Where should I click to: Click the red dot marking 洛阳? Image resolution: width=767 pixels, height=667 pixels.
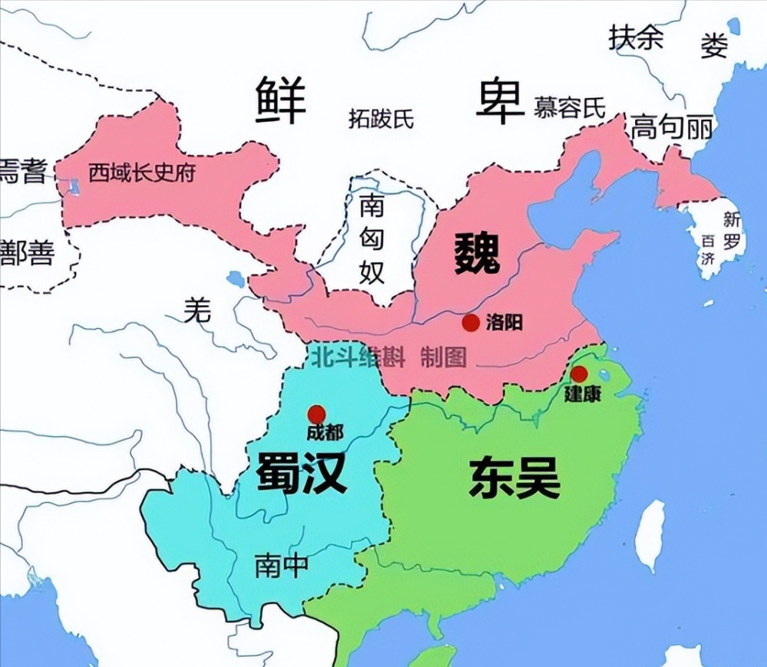[x=471, y=323]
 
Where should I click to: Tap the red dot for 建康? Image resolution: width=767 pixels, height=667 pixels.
[x=579, y=374]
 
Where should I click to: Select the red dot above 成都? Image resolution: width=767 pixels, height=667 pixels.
[x=316, y=414]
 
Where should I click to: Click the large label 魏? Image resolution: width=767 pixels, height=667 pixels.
[x=477, y=254]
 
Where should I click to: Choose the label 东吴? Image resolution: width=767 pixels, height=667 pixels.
[x=515, y=478]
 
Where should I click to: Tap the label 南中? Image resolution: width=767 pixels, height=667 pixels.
[x=281, y=566]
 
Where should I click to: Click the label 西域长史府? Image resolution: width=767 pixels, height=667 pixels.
[x=142, y=172]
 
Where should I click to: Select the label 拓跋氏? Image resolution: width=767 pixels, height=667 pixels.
[x=381, y=118]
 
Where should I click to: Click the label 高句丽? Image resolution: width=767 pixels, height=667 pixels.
[x=672, y=128]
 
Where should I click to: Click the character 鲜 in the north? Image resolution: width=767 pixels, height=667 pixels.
[x=281, y=100]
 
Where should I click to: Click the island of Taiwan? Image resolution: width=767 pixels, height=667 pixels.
[x=650, y=536]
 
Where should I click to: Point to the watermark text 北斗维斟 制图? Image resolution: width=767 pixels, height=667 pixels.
[x=387, y=356]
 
